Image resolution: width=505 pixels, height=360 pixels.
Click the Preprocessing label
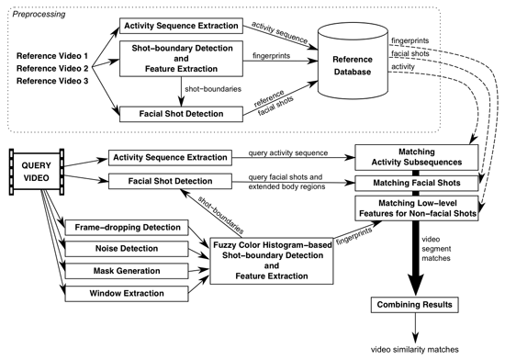point(39,14)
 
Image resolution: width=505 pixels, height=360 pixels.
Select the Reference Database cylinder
point(353,62)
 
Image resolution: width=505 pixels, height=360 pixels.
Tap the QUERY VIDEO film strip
point(37,172)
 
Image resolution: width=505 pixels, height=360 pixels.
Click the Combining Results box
point(415,305)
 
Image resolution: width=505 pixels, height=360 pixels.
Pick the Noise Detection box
point(127,249)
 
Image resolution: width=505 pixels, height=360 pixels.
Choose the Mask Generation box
point(127,271)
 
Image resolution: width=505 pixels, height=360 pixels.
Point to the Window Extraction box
point(127,293)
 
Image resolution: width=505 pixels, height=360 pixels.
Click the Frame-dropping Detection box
point(127,228)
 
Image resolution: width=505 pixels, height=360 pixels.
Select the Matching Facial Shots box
point(417,184)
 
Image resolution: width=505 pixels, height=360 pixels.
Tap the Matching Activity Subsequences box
point(417,157)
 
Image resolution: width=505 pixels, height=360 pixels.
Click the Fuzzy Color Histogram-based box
point(272,261)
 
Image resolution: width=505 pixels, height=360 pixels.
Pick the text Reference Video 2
point(52,69)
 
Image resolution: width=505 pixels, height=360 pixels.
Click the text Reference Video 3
point(52,81)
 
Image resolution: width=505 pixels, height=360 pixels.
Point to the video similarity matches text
point(415,349)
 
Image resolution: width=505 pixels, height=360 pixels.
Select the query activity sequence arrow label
point(288,153)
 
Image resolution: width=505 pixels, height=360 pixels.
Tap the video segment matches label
point(436,249)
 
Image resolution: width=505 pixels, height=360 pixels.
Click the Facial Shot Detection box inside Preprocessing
point(181,114)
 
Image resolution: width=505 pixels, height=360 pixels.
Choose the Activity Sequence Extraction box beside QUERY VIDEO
point(170,158)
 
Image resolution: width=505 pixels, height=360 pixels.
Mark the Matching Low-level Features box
point(417,208)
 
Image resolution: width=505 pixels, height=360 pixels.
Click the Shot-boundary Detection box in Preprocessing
point(181,59)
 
